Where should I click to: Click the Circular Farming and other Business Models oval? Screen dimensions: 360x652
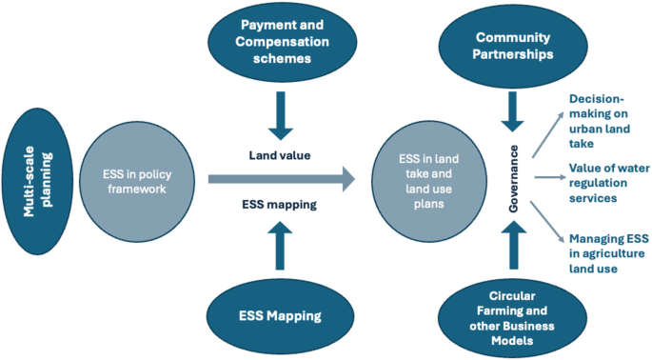[x=513, y=315]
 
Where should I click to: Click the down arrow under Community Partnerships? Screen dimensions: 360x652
[x=513, y=110]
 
